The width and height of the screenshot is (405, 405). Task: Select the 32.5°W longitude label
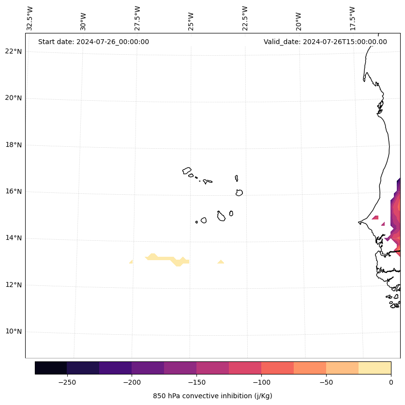click(30, 18)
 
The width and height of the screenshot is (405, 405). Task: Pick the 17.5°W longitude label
click(352, 18)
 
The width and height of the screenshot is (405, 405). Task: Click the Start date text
click(93, 42)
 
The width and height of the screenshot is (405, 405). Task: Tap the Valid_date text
click(325, 42)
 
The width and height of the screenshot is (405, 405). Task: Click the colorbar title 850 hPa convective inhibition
click(212, 396)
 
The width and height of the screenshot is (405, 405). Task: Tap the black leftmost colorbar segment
click(51, 368)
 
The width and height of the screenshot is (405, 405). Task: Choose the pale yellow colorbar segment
click(375, 368)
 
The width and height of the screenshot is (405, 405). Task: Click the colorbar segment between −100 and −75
click(277, 368)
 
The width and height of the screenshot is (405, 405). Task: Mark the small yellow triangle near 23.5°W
click(221, 262)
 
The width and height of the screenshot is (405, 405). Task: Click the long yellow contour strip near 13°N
click(165, 259)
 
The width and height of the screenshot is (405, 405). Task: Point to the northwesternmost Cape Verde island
click(187, 171)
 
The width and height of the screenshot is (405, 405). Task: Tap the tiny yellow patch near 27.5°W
click(131, 262)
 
